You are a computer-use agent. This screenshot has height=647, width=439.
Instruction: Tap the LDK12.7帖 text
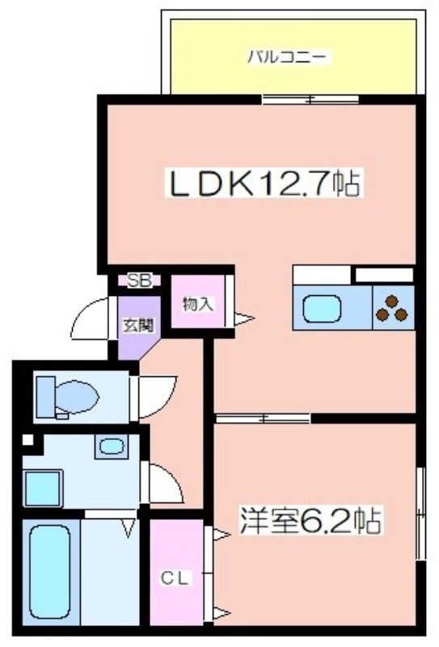pyautogui.click(x=263, y=184)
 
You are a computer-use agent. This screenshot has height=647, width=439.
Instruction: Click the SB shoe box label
pyautogui.click(x=139, y=281)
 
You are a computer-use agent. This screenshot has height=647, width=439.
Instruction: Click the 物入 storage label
pyautogui.click(x=197, y=305)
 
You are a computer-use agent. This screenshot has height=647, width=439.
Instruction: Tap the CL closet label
pyautogui.click(x=175, y=578)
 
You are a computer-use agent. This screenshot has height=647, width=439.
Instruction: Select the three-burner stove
pyautogui.click(x=393, y=307)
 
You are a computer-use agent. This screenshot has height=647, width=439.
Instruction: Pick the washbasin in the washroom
pyautogui.click(x=108, y=445)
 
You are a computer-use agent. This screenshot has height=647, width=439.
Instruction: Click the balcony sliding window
pyautogui.click(x=299, y=99)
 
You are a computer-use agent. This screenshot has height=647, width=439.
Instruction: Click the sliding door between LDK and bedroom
pyautogui.click(x=263, y=418)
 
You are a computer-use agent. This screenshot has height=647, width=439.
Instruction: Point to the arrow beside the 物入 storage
pyautogui.click(x=243, y=319)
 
